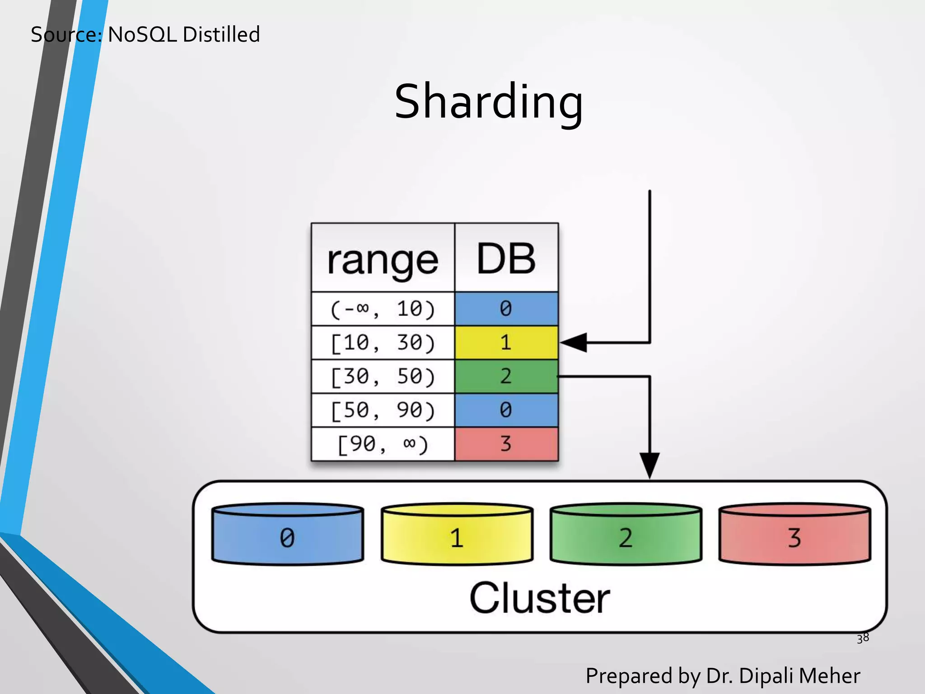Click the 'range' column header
tap(383, 260)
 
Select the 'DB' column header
tap(506, 258)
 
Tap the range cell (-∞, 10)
tap(383, 309)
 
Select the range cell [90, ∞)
tap(383, 444)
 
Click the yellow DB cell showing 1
tap(506, 343)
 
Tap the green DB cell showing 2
tap(506, 376)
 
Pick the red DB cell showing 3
tap(506, 444)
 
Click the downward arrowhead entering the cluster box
tap(649, 465)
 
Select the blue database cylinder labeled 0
tap(288, 535)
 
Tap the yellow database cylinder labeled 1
tap(457, 535)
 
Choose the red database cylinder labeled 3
tap(794, 535)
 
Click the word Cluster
tap(540, 598)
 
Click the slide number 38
tap(863, 638)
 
